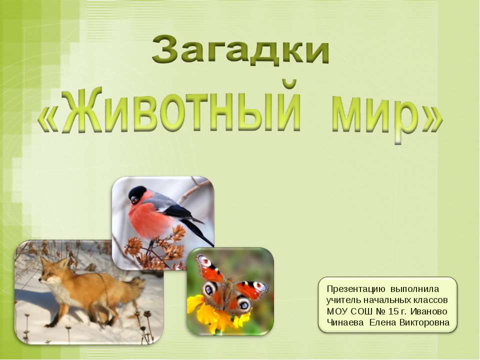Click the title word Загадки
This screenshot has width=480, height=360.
click(240, 51)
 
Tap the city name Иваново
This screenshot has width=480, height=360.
click(428, 311)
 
